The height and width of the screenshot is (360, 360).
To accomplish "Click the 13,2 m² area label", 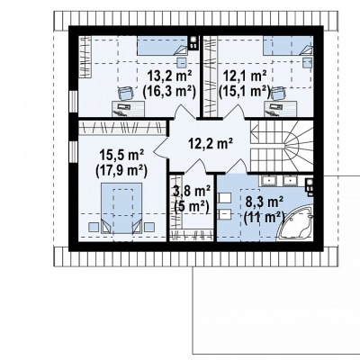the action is point(170,76).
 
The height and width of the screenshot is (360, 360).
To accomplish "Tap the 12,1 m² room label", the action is point(244,76).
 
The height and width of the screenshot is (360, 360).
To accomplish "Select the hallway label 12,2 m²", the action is point(211,144).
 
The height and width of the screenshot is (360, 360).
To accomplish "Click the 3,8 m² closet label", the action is point(193,191).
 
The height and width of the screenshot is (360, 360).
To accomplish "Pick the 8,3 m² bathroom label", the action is point(265,202).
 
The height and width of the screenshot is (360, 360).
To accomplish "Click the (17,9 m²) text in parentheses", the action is point(121,172).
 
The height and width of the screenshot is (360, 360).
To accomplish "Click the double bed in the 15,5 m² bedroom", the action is point(121,208).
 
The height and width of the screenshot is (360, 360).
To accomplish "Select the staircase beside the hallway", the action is point(282,146).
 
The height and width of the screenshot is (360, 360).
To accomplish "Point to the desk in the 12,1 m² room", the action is point(281,108).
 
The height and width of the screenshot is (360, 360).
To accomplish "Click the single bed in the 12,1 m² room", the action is point(288,45).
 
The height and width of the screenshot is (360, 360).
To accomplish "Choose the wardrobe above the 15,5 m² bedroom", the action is point(122,128).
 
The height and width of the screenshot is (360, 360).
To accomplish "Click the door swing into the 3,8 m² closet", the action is point(197,166).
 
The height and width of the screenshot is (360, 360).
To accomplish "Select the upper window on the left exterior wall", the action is point(73,103).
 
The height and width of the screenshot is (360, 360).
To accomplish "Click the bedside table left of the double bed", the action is point(94,227).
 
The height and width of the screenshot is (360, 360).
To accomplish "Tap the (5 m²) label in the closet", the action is point(192,206).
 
